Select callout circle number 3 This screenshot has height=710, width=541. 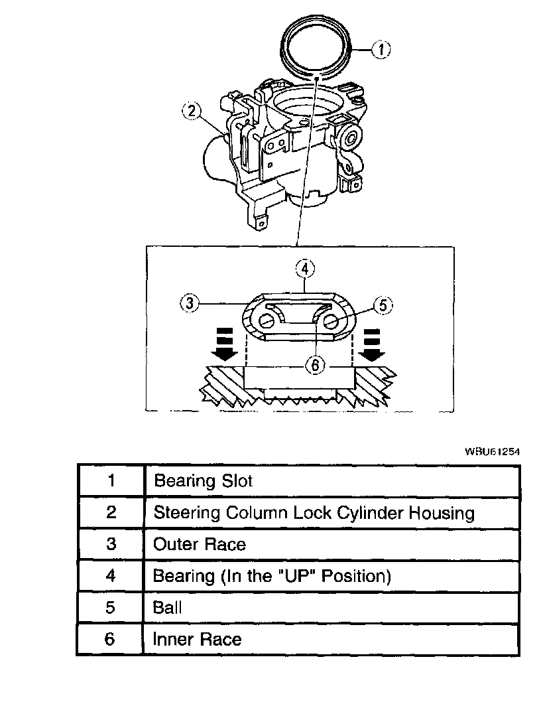coord(190,304)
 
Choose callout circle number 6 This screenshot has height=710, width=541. coord(317,364)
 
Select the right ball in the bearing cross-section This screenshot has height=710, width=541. coord(332,322)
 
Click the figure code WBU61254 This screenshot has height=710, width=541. coord(492,451)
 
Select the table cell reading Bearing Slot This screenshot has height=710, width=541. coord(203,480)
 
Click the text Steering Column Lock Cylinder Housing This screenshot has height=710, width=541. coord(314,512)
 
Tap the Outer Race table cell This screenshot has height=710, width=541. coord(199,545)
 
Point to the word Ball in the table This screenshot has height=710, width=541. coord(167,607)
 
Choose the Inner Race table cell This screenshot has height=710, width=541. coord(197,639)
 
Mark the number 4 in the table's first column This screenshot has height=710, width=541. coord(111,575)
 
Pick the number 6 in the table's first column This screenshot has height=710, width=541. coord(111,639)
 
